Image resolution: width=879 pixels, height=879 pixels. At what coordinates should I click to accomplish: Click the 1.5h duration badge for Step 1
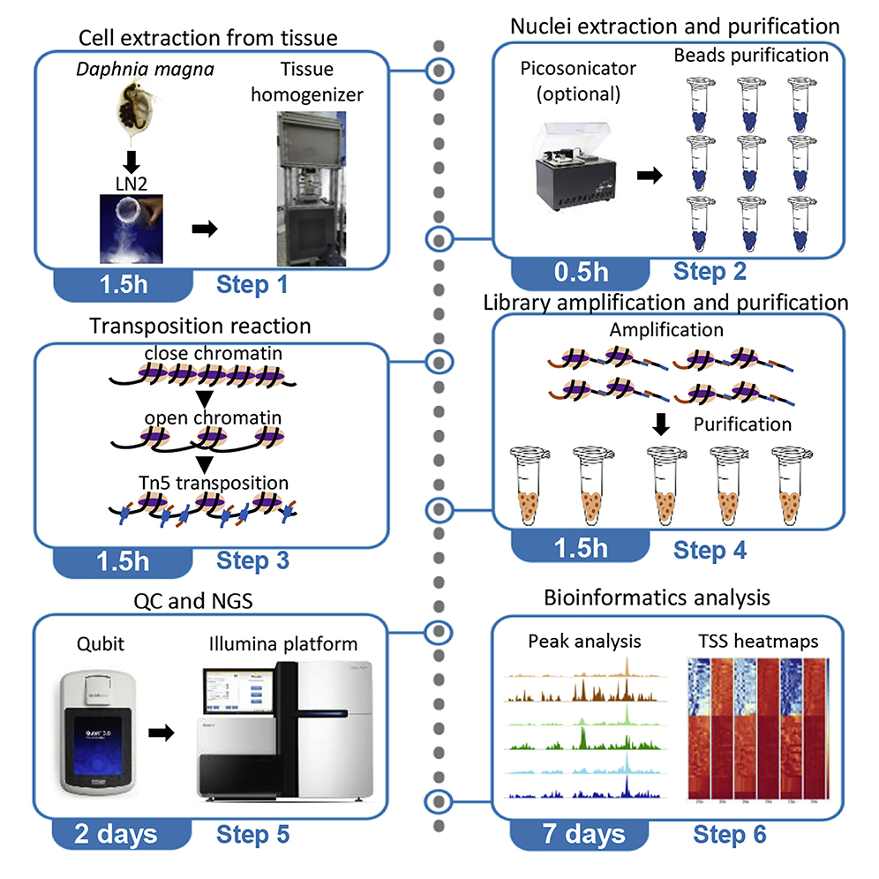point(122,284)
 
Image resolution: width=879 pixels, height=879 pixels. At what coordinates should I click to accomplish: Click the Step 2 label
point(710,272)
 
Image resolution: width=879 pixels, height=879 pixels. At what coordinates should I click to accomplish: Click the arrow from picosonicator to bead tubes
point(652,176)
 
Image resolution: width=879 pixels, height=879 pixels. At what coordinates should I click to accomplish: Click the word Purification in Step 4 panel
point(742,424)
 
